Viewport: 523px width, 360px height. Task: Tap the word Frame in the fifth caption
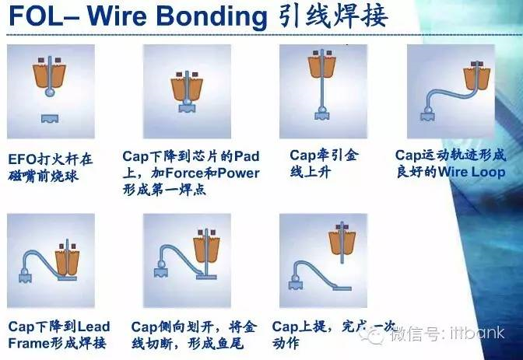[x=28, y=343]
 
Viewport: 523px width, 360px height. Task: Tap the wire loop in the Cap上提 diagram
[x=307, y=268]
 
